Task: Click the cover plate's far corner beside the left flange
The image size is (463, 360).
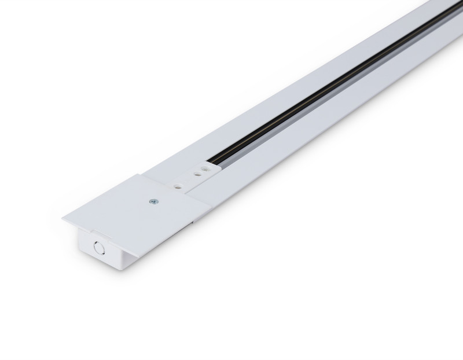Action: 142,175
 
